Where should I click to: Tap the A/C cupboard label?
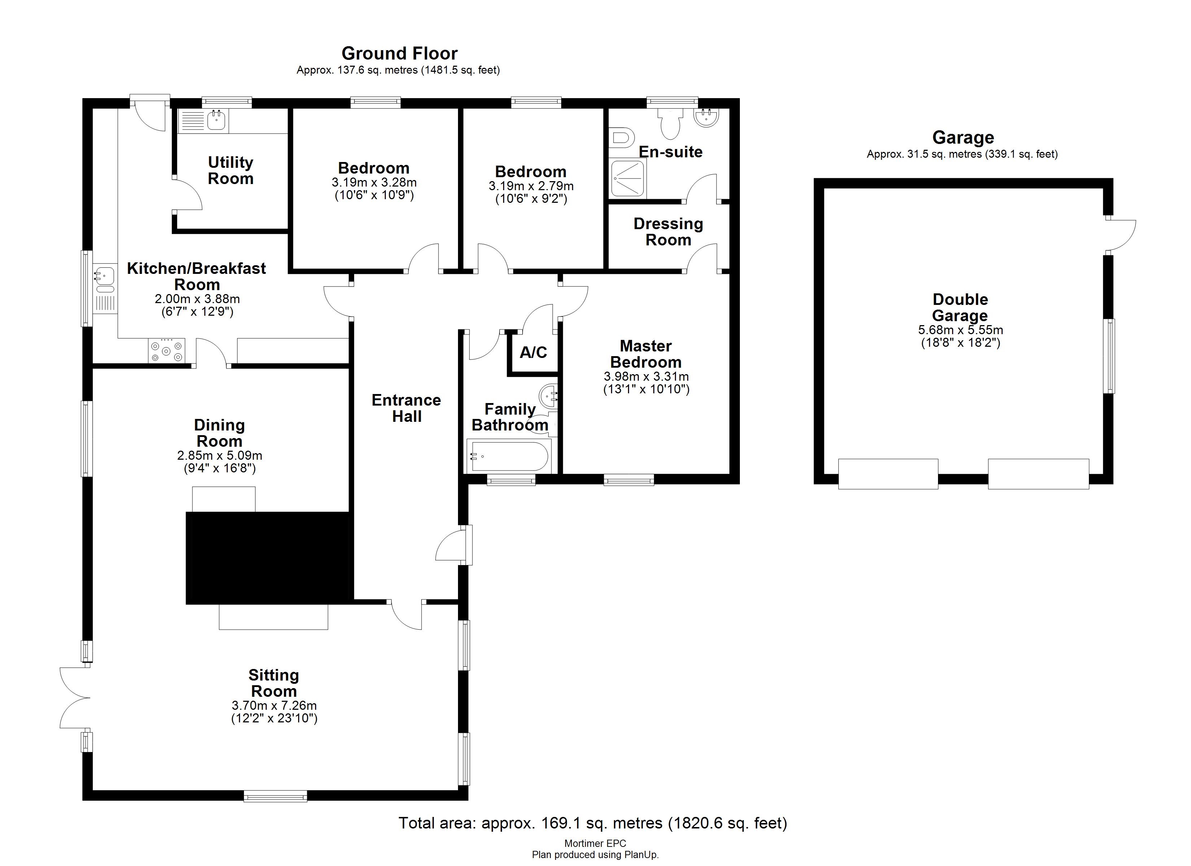(x=533, y=353)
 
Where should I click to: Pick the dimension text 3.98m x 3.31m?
(x=646, y=377)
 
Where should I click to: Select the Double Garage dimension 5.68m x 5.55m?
(x=960, y=330)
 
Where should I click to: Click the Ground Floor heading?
(x=399, y=53)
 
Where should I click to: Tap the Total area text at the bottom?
(x=592, y=822)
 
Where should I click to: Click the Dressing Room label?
(x=668, y=232)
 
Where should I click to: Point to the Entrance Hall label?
(x=406, y=408)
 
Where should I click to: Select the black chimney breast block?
(x=268, y=558)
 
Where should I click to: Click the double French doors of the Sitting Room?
(x=75, y=697)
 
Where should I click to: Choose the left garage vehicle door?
(x=887, y=474)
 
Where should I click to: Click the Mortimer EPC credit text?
(x=595, y=843)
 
